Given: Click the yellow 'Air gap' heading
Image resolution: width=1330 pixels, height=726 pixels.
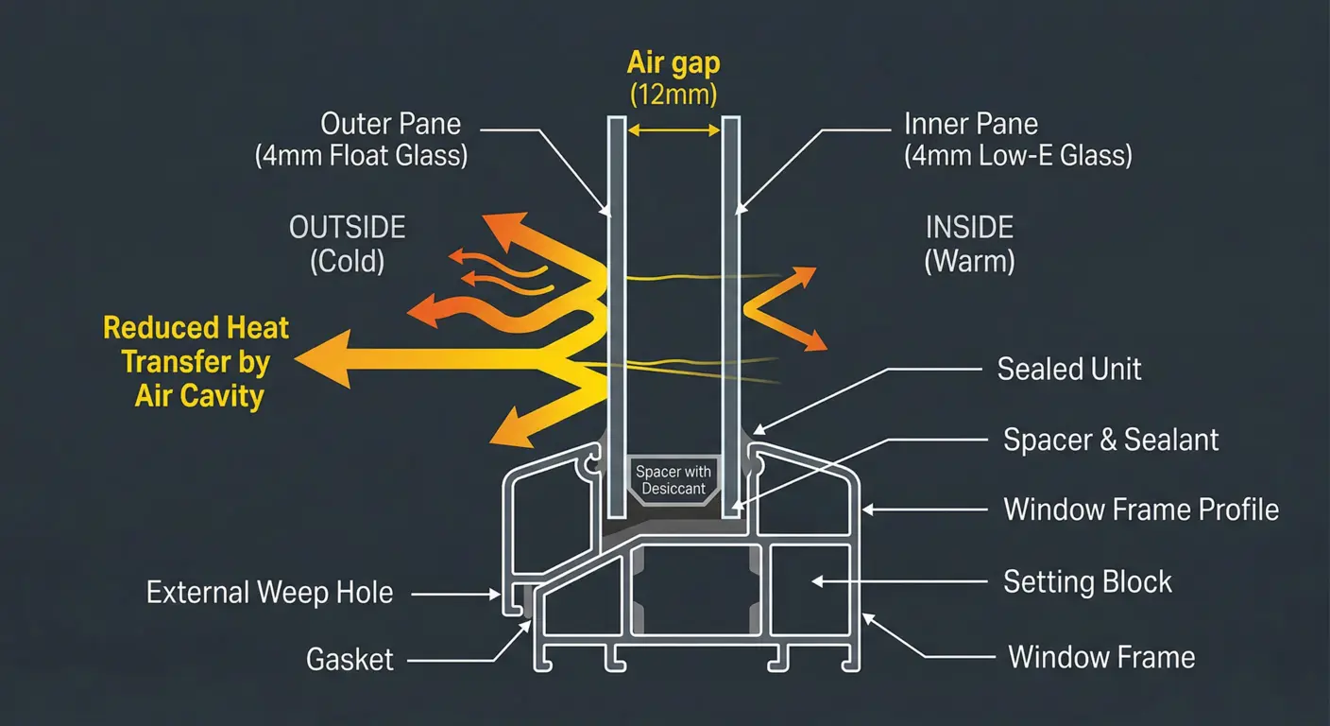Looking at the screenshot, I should click(673, 63).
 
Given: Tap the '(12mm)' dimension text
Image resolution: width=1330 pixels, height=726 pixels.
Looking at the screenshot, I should click(673, 95).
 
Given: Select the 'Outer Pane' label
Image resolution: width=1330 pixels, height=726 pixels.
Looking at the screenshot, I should click(390, 124).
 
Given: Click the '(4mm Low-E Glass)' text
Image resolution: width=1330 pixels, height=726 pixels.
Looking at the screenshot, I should click(1017, 155).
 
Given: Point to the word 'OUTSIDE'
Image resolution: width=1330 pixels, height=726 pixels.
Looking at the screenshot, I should click(347, 228).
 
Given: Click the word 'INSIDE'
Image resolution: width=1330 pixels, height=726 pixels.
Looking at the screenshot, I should click(969, 228).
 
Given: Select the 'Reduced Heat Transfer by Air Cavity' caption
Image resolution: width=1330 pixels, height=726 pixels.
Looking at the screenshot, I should click(196, 362).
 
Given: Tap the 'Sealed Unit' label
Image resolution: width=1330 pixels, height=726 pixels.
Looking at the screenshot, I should click(1069, 369).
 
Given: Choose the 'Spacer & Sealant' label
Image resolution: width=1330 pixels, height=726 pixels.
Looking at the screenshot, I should click(1111, 440).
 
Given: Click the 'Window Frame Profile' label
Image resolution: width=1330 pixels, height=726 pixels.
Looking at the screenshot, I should click(1141, 510).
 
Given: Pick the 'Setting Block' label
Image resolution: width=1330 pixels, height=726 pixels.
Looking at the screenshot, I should click(1087, 581).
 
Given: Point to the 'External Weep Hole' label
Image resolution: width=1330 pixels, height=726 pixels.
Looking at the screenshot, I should click(269, 594).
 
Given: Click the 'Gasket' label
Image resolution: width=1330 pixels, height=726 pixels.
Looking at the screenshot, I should click(350, 659).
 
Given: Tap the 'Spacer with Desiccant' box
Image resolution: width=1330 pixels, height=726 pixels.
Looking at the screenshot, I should click(674, 480).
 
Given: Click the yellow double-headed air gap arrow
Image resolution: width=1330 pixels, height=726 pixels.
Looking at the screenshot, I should click(673, 130).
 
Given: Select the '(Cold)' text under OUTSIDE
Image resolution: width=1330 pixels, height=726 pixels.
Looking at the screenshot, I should click(347, 260).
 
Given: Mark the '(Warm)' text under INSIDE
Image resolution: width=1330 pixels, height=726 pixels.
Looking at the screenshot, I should click(969, 260).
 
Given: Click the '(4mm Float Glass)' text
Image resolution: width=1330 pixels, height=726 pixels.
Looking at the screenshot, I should click(361, 155).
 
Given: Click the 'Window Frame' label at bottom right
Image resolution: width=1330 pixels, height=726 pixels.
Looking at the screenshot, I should click(1101, 657).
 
